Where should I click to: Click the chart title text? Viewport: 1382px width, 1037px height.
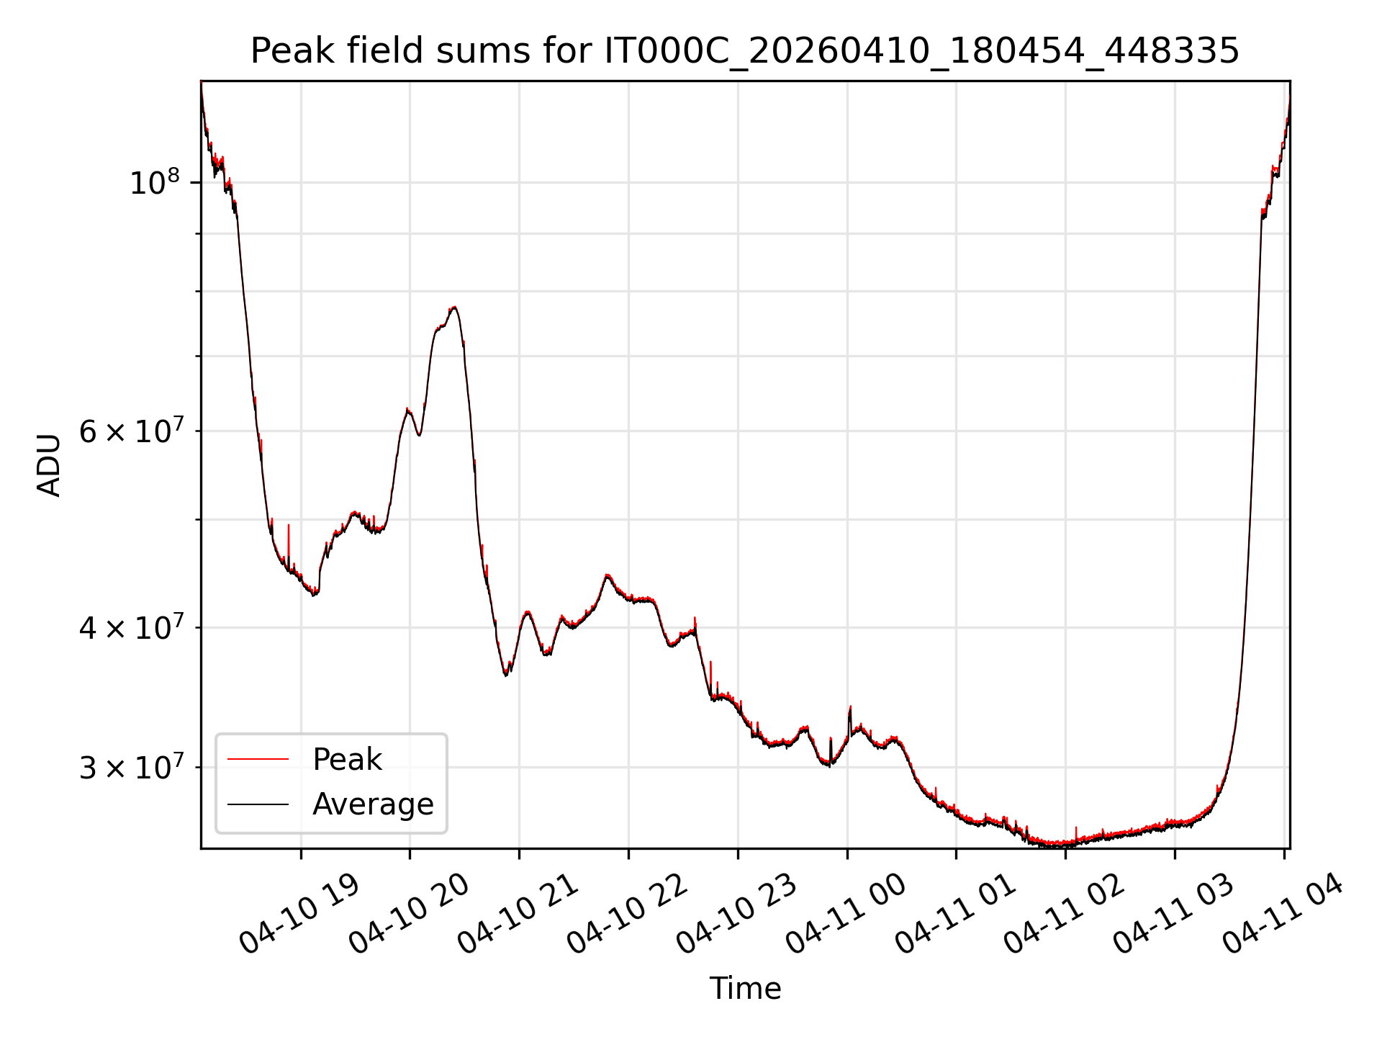[x=744, y=52]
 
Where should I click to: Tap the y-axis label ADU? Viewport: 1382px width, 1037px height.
[x=49, y=464]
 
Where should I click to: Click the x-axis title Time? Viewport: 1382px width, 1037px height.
[x=745, y=989]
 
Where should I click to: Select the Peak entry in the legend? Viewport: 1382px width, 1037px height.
[x=347, y=760]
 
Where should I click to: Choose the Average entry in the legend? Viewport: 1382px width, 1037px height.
[x=373, y=804]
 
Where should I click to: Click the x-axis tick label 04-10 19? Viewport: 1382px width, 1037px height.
[x=299, y=914]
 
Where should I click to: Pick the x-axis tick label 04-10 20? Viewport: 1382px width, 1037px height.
[x=409, y=914]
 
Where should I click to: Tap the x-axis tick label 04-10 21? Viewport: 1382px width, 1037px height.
[x=518, y=914]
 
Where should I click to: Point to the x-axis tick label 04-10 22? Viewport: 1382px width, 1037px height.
[x=628, y=914]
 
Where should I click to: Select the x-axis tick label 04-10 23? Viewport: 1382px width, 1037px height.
[x=737, y=914]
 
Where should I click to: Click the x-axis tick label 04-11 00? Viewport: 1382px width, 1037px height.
[x=846, y=914]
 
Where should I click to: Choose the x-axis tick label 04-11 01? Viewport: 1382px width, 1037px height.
[x=955, y=914]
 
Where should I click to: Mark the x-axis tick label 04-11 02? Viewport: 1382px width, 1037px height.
[x=1065, y=914]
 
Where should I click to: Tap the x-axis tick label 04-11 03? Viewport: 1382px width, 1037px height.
[x=1174, y=914]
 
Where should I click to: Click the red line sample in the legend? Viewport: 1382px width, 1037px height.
[x=258, y=760]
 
